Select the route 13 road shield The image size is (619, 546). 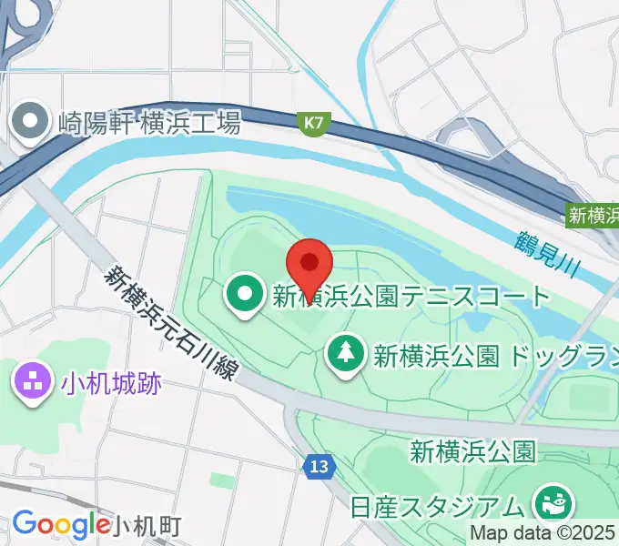click(x=316, y=466)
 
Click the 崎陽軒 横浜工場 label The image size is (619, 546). click(x=149, y=122)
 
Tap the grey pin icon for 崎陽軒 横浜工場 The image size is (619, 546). click(x=31, y=122)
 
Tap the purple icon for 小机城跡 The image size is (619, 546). click(x=31, y=381)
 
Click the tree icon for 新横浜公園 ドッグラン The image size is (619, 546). click(x=346, y=353)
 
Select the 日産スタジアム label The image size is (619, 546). click(x=438, y=504)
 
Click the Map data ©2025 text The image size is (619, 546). click(x=543, y=532)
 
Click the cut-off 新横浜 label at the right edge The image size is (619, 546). click(x=594, y=216)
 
